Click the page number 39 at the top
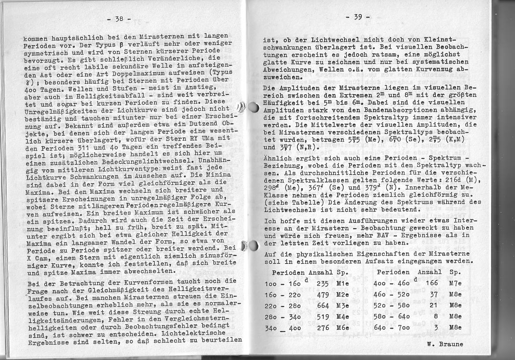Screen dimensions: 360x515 pos(358,17)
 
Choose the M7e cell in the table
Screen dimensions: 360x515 pos(455,283)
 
